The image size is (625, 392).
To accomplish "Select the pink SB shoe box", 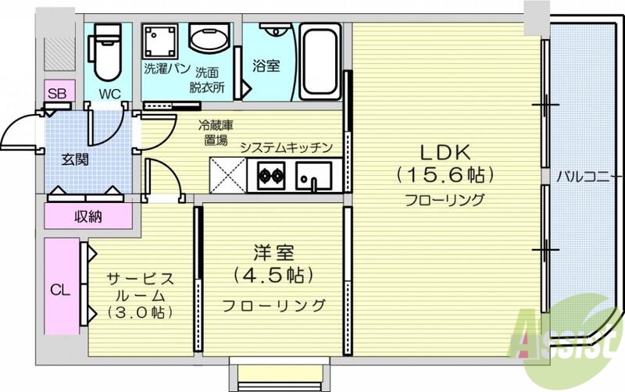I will point(57,93).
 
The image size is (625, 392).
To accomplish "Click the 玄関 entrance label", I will point(75,159).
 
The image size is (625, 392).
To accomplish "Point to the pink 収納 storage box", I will point(87,216).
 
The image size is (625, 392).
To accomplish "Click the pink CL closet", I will point(60,289).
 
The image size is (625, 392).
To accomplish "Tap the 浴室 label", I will point(266,66).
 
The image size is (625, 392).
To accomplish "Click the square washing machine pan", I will point(162,40).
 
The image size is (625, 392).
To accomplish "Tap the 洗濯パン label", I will point(164,68).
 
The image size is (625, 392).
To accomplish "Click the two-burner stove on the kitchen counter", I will point(270,175).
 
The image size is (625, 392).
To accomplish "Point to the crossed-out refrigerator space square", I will point(227,175).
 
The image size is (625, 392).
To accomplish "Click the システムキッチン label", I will point(287,147).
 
